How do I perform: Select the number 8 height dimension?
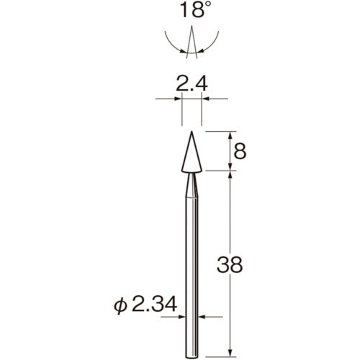(240, 151)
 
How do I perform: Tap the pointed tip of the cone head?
(192, 132)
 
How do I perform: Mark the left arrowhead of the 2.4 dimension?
(179, 99)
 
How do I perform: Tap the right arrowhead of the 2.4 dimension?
(205, 99)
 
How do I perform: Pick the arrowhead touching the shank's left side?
(183, 315)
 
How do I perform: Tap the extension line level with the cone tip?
(220, 131)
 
